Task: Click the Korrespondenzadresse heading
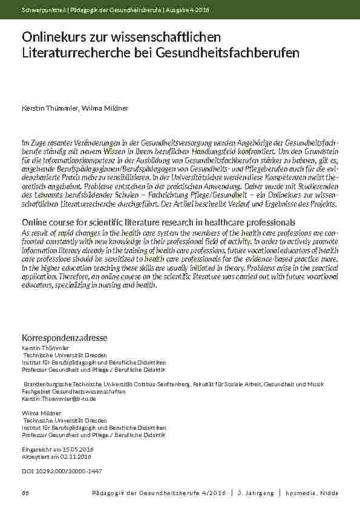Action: (65, 337)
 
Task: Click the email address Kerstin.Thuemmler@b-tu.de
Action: (59, 399)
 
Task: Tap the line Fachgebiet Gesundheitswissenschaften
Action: (74, 392)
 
